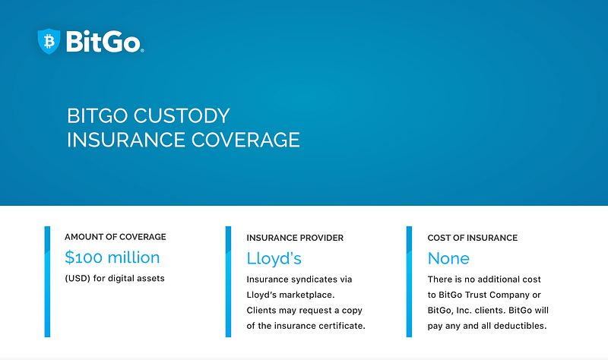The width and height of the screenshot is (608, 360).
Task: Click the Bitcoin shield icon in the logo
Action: pyautogui.click(x=49, y=41)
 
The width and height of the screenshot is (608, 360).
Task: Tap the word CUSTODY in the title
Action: pyautogui.click(x=182, y=115)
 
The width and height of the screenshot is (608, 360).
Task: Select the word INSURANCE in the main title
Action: pyautogui.click(x=125, y=140)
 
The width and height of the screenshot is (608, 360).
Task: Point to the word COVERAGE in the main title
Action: pyautogui.click(x=245, y=140)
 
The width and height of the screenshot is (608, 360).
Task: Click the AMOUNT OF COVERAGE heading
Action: pyautogui.click(x=116, y=237)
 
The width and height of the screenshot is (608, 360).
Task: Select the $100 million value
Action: pyautogui.click(x=112, y=257)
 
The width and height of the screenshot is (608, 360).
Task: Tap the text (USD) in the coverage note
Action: pyautogui.click(x=78, y=278)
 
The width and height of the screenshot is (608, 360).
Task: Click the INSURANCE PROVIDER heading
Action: pyautogui.click(x=295, y=238)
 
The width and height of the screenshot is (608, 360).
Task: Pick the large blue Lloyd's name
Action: pyautogui.click(x=274, y=258)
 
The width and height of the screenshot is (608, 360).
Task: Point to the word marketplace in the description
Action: pyautogui.click(x=307, y=295)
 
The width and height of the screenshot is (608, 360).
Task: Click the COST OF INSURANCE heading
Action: pyautogui.click(x=472, y=238)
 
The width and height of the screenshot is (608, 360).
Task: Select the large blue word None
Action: pyautogui.click(x=448, y=258)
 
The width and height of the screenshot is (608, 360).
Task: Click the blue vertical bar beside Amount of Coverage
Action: pyautogui.click(x=47, y=282)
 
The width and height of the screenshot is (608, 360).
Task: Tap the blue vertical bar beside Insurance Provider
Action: pyautogui.click(x=229, y=282)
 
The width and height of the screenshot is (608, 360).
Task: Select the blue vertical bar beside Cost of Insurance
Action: pyautogui.click(x=409, y=282)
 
